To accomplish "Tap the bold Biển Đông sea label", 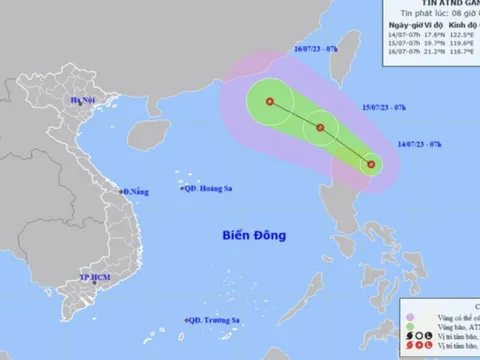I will tap(254, 235).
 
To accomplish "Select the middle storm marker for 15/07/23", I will tap(321, 127).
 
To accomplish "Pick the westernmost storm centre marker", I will tap(269, 100).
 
